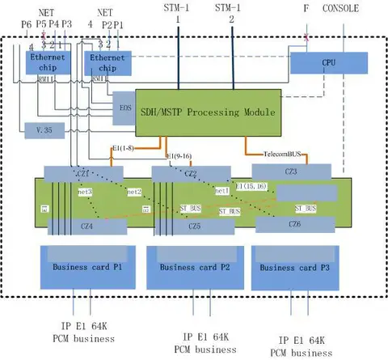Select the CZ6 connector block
pyautogui.click(x=293, y=224)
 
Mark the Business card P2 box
pyautogui.click(x=189, y=266)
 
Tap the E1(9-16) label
pyautogui.click(x=181, y=154)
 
